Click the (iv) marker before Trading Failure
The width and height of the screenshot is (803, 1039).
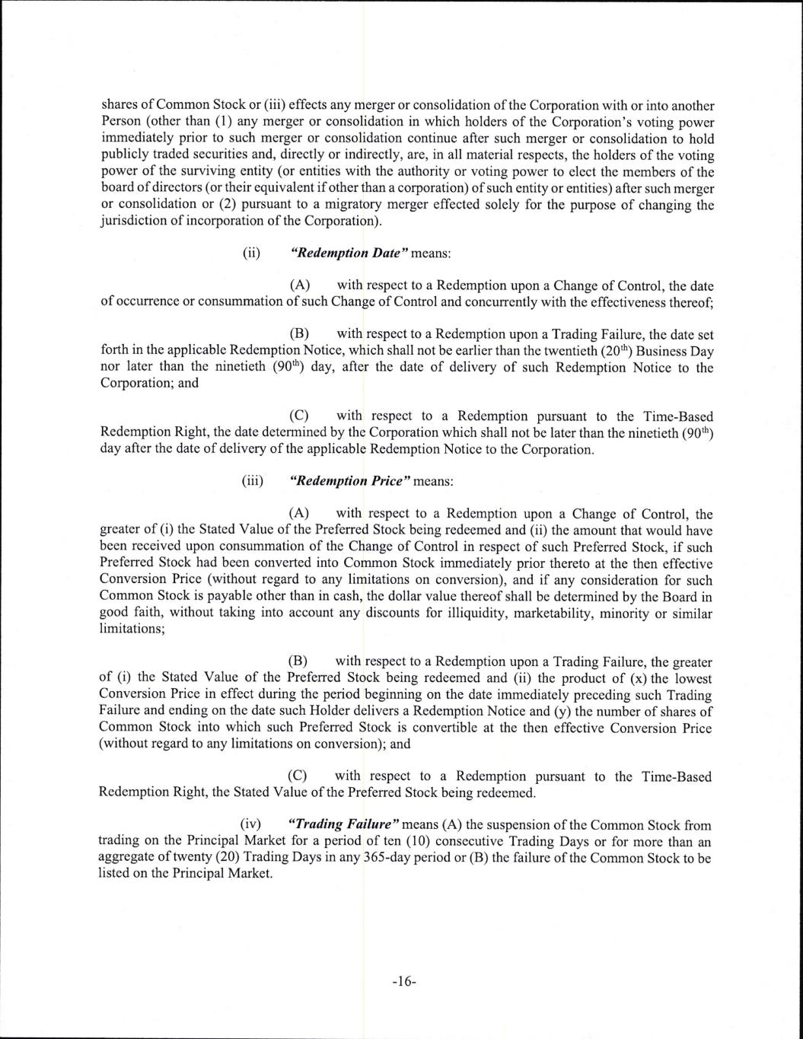pyautogui.click(x=251, y=824)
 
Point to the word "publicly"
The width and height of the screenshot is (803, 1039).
pyautogui.click(x=124, y=156)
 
